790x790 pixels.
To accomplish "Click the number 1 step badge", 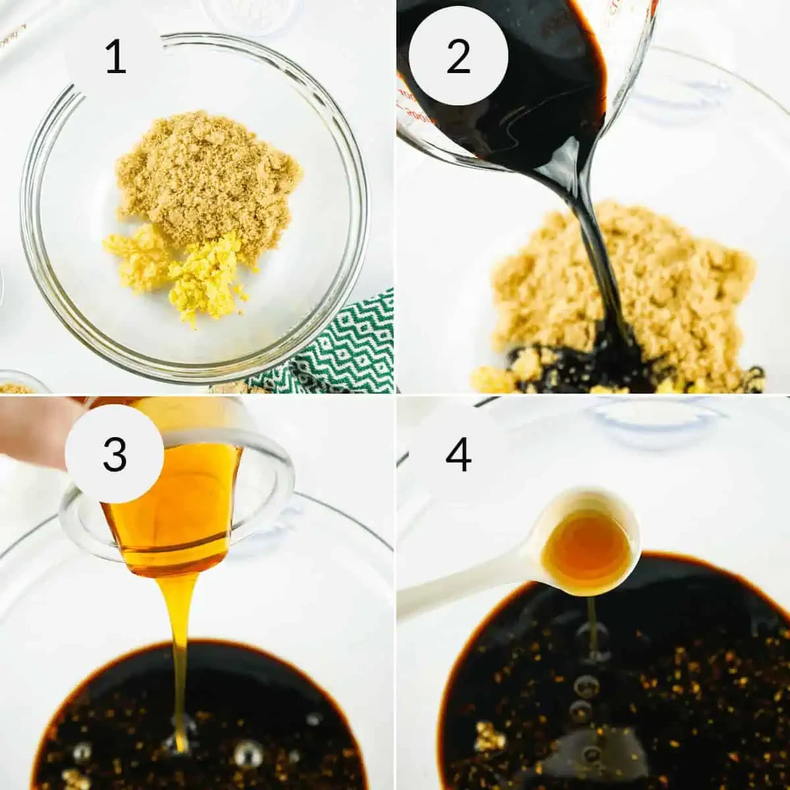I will coord(115,57).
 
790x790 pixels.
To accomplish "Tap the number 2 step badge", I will coord(458,57).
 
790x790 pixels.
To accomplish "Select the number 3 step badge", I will coord(115,454).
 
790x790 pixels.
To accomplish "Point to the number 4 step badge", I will coord(458,454).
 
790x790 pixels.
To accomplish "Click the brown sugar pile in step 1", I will coord(204,171).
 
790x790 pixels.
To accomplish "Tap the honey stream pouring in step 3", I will coord(180,658).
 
